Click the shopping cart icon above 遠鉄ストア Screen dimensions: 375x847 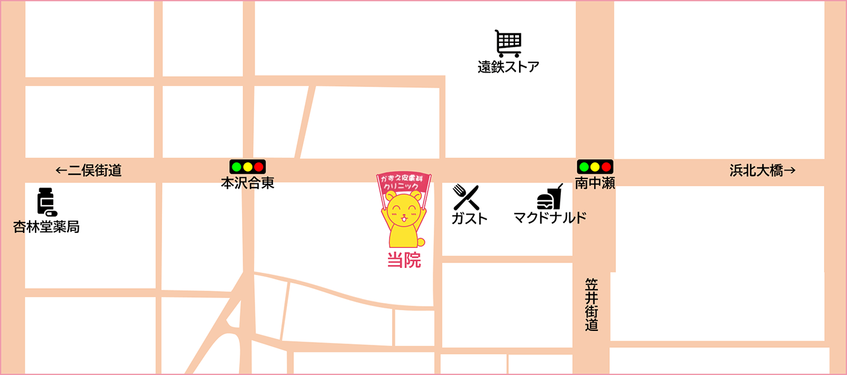[508, 44]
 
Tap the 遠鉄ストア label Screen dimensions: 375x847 [508, 67]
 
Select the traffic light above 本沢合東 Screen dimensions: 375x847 [247, 166]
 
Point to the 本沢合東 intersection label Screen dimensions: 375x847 [247, 183]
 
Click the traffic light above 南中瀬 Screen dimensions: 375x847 [595, 166]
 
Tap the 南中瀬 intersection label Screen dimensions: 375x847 [595, 183]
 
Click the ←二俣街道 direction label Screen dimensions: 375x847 [89, 171]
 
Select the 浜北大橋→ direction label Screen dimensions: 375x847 [762, 171]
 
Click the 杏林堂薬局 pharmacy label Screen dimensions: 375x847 [47, 227]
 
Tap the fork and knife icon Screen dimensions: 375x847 [466, 197]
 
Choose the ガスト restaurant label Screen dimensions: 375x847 [469, 218]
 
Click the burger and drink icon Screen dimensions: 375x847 [549, 198]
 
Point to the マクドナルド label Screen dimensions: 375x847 [550, 217]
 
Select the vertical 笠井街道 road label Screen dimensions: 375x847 [592, 304]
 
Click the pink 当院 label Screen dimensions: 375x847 [404, 260]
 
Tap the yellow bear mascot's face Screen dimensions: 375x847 [404, 210]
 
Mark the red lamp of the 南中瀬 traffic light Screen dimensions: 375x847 [606, 166]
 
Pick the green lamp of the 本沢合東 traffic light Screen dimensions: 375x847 [236, 166]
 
